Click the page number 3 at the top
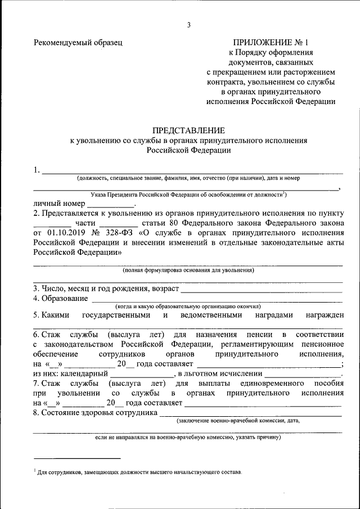(x=189, y=24)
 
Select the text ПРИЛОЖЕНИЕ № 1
(x=271, y=43)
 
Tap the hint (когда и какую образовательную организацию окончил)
(x=188, y=307)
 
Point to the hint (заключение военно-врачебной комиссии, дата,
(x=238, y=421)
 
